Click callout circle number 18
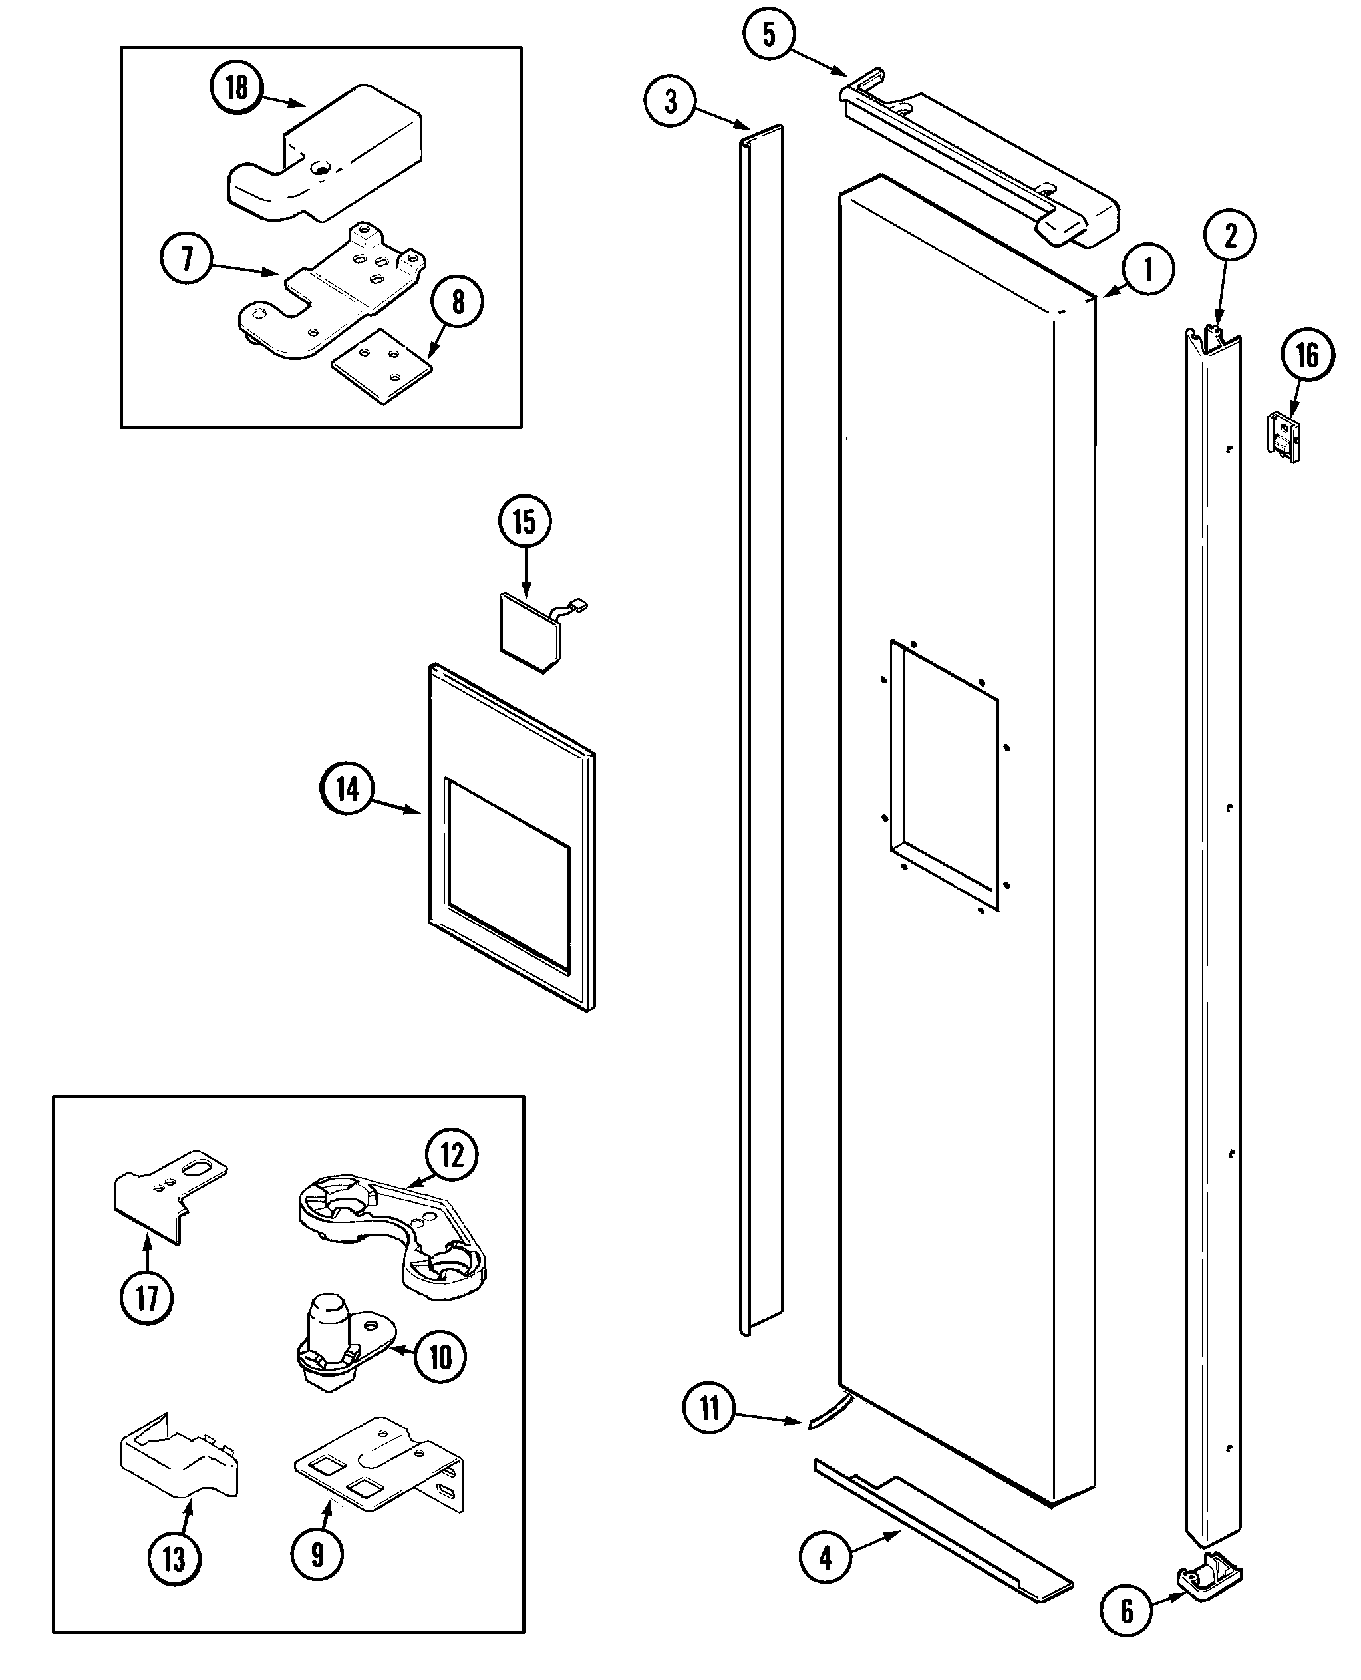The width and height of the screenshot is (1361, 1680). pos(237,87)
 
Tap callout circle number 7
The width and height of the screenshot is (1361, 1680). pos(186,259)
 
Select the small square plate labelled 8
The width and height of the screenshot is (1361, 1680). pos(382,365)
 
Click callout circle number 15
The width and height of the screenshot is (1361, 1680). pos(524,522)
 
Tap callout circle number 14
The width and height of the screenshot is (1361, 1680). pos(347,790)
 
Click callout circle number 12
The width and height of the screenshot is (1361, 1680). pos(452,1155)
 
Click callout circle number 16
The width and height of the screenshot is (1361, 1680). pos(1308,356)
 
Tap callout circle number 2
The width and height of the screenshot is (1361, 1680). pos(1229,235)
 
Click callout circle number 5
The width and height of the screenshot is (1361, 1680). pos(768,34)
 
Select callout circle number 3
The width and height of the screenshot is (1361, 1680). pos(671,102)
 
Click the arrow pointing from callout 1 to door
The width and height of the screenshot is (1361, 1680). pos(1115,291)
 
